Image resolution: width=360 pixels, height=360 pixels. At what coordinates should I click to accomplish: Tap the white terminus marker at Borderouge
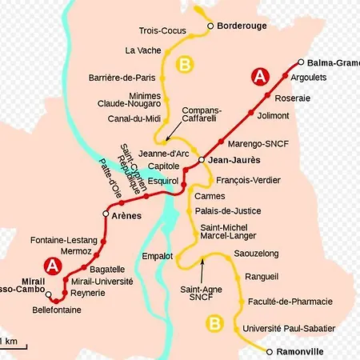(210, 26)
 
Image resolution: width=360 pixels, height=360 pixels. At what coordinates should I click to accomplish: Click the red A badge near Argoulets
(260, 76)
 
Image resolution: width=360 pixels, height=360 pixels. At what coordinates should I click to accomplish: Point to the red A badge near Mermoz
(53, 265)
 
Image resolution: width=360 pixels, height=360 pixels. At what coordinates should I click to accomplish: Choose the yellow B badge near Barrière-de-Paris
(186, 63)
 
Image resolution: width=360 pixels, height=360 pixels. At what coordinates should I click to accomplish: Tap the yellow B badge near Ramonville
(214, 323)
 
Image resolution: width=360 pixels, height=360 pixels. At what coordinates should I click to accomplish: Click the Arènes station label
(126, 215)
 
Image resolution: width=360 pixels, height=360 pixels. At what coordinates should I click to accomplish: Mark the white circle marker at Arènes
(105, 214)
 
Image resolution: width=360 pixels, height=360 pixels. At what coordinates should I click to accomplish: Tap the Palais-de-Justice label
(228, 211)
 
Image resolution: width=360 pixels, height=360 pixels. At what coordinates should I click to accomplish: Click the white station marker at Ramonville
(270, 351)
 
